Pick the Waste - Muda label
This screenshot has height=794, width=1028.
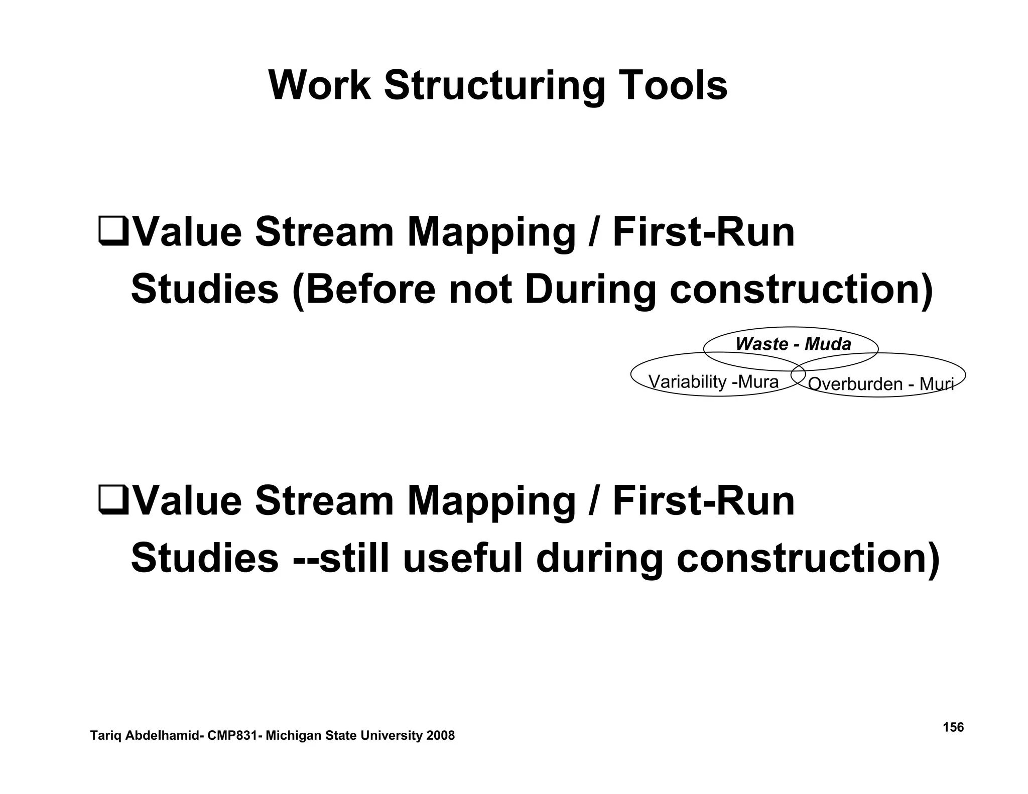point(793,344)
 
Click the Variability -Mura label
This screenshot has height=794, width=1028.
point(713,382)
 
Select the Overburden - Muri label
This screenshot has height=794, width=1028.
point(880,384)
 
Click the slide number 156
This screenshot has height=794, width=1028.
point(953,727)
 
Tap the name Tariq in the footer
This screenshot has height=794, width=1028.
point(104,736)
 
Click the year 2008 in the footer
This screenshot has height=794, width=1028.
point(440,736)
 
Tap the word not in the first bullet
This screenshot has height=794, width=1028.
point(480,290)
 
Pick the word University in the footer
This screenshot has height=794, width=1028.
point(387,736)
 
